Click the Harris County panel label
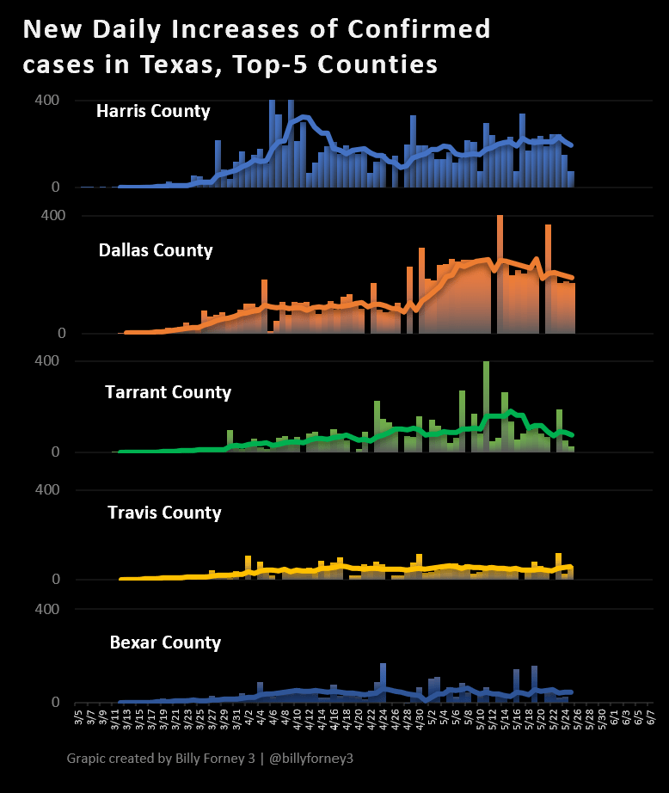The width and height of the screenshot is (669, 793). pos(153,111)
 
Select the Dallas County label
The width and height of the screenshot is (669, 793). pos(156,250)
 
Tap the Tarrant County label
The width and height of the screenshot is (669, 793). pos(168,392)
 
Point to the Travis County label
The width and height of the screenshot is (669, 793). pos(164,513)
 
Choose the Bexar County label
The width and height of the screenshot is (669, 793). pos(165,642)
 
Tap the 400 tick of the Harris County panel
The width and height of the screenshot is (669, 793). pos(47,101)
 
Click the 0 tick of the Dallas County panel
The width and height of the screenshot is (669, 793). pos(61,334)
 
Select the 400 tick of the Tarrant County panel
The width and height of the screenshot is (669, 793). pos(47,361)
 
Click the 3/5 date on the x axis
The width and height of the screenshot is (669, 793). pos(78,716)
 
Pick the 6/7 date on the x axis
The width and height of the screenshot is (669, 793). pos(652,716)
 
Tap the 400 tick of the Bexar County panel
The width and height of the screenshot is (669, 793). pos(47,609)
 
